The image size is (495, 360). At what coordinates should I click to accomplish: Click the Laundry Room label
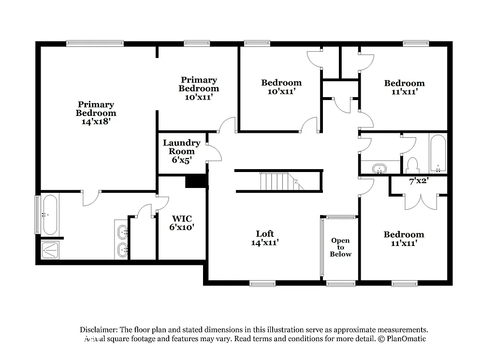[x=181, y=151]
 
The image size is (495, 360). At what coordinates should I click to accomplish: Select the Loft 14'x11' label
[x=265, y=238]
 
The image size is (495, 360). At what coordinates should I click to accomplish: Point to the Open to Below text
[x=341, y=247]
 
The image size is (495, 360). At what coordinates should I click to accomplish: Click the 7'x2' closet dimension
[x=419, y=182]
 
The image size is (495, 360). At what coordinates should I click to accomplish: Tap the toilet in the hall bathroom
[x=412, y=165]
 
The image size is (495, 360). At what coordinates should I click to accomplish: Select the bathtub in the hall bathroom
[x=438, y=153]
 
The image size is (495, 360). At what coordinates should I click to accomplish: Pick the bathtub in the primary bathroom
[x=50, y=214]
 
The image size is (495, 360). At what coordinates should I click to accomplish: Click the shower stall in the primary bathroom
[x=50, y=249]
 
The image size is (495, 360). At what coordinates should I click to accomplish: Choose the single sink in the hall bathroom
[x=380, y=169]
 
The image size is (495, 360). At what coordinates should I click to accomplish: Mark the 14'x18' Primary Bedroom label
[x=96, y=113]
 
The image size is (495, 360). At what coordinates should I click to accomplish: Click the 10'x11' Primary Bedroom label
[x=198, y=88]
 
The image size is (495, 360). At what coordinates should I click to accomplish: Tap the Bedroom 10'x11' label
[x=281, y=86]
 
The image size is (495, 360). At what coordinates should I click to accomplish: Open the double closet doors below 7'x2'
[x=421, y=202]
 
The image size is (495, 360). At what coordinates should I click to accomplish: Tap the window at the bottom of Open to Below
[x=341, y=284]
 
